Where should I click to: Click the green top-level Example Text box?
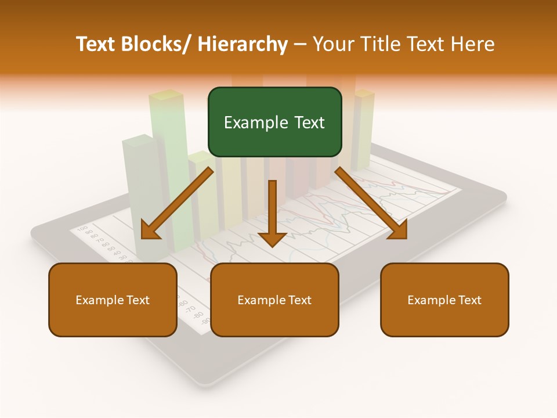tap(274, 122)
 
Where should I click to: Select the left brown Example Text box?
tap(113, 300)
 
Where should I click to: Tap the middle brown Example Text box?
tap(274, 300)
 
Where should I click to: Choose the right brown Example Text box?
tap(444, 300)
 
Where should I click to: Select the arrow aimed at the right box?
tap(371, 203)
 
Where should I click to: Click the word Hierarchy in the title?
tap(243, 44)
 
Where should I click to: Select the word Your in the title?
tap(334, 44)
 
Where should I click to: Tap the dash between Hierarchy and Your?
tap(300, 44)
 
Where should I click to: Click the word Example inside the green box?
tap(253, 122)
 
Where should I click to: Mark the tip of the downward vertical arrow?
tap(272, 246)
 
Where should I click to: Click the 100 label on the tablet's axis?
tap(82, 228)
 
